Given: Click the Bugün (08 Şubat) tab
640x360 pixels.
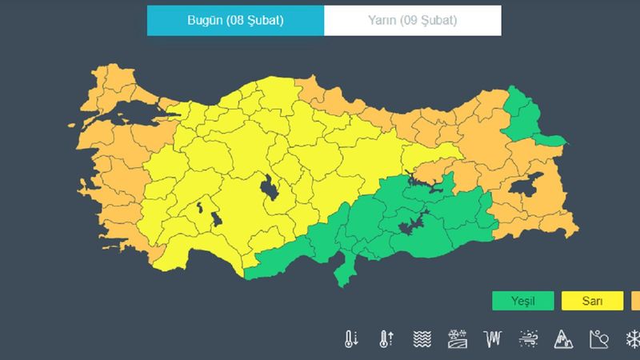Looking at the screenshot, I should [x=235, y=20].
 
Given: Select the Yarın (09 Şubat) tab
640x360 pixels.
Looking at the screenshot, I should [x=413, y=20].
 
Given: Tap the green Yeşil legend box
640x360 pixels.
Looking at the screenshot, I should [x=512, y=302].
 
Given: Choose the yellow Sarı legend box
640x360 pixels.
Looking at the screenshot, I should [x=593, y=302].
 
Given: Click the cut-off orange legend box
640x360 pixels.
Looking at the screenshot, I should [x=636, y=302].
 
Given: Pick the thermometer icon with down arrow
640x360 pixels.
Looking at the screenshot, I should [x=351, y=338].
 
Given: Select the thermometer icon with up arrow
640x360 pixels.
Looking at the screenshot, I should [x=385, y=338].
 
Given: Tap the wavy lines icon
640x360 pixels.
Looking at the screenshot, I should [x=422, y=338].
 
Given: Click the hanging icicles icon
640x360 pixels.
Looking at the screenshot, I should [x=492, y=338].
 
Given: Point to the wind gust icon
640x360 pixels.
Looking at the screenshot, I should [x=528, y=338].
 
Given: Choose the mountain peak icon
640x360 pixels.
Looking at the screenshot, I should [x=563, y=338].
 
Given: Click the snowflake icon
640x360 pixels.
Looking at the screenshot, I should [x=633, y=338].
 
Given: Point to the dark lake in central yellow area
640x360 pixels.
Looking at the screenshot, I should [x=268, y=190].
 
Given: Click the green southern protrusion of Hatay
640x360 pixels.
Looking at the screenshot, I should [x=345, y=273].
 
